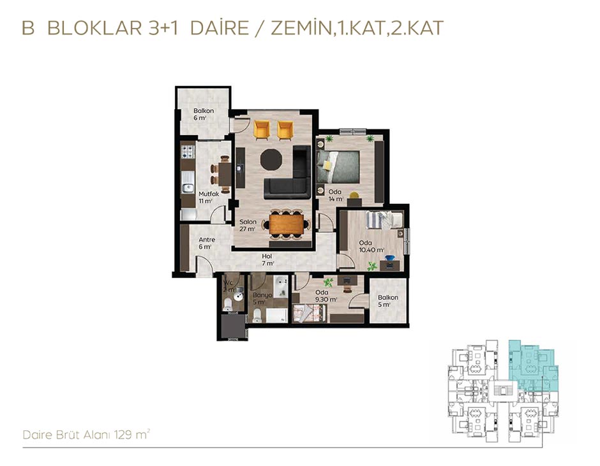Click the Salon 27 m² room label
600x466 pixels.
coord(248,226)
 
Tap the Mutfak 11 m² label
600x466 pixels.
coord(209,197)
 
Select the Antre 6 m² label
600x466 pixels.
coord(207,243)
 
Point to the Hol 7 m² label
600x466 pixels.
coord(267,259)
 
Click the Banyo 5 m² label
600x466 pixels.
coord(262,298)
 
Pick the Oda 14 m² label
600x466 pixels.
coord(335,195)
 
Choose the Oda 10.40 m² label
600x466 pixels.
coord(371,246)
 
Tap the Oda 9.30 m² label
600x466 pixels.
coord(326,296)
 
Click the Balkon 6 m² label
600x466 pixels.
coord(204,114)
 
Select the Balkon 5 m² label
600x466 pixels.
coord(388,301)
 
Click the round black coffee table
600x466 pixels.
coord(271,159)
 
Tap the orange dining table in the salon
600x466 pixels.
coord(286,224)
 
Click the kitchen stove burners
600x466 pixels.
coord(188,151)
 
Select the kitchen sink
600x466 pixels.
coord(188,187)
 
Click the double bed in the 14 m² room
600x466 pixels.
coord(338,166)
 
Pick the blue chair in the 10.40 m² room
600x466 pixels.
coord(390,260)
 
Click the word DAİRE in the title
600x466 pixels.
coord(220,28)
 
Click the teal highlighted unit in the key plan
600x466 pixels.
coord(532,365)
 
